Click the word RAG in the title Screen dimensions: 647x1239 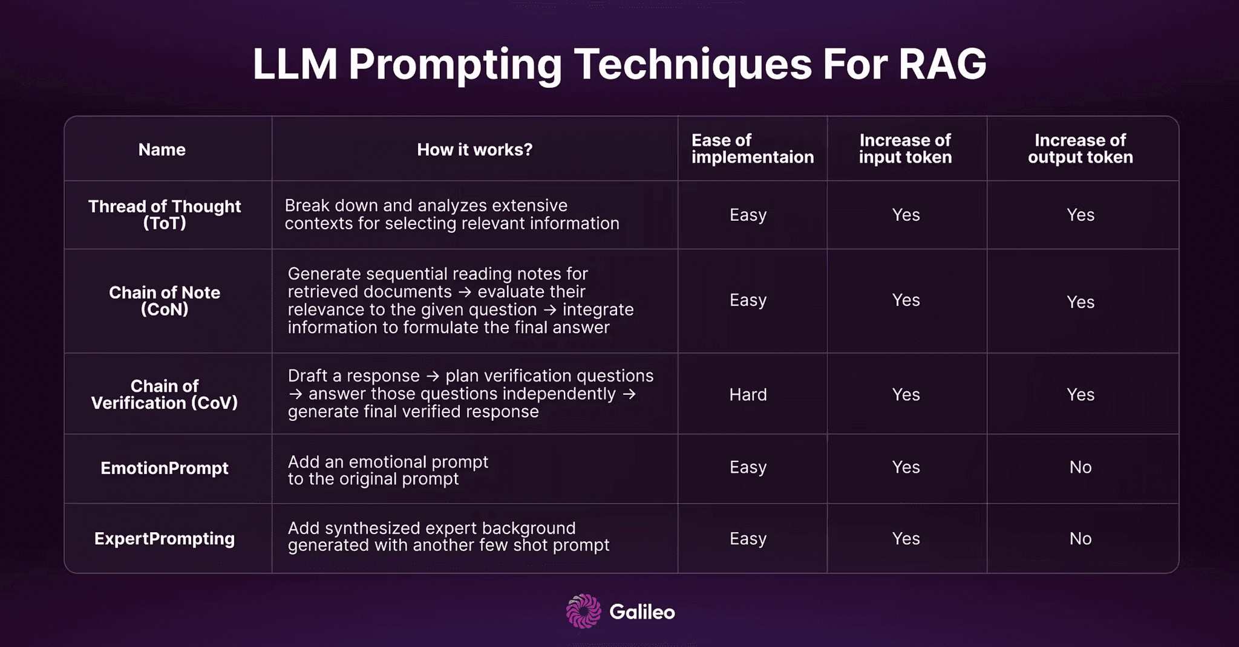(942, 64)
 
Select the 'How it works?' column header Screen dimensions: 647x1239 (474, 149)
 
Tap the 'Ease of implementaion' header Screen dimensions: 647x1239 (752, 149)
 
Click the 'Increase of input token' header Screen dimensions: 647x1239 (905, 149)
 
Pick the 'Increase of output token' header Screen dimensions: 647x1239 (1080, 149)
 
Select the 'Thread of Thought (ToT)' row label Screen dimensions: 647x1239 (165, 215)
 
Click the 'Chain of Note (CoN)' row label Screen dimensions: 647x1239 (165, 301)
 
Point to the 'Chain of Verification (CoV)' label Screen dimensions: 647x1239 (165, 394)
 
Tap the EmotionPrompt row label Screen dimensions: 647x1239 (165, 468)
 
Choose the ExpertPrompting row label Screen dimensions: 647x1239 (165, 538)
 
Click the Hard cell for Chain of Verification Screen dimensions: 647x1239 (748, 395)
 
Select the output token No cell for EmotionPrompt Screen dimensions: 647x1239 (1080, 467)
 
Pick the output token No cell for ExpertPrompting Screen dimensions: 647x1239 (1080, 538)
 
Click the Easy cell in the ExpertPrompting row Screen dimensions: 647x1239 (748, 538)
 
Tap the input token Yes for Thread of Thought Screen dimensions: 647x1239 (906, 215)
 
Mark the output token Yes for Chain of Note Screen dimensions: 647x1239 (1080, 302)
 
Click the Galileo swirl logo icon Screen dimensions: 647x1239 (583, 611)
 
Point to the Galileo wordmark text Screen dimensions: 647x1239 (642, 612)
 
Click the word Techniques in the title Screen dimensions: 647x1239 (692, 64)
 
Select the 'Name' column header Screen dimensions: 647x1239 (162, 149)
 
